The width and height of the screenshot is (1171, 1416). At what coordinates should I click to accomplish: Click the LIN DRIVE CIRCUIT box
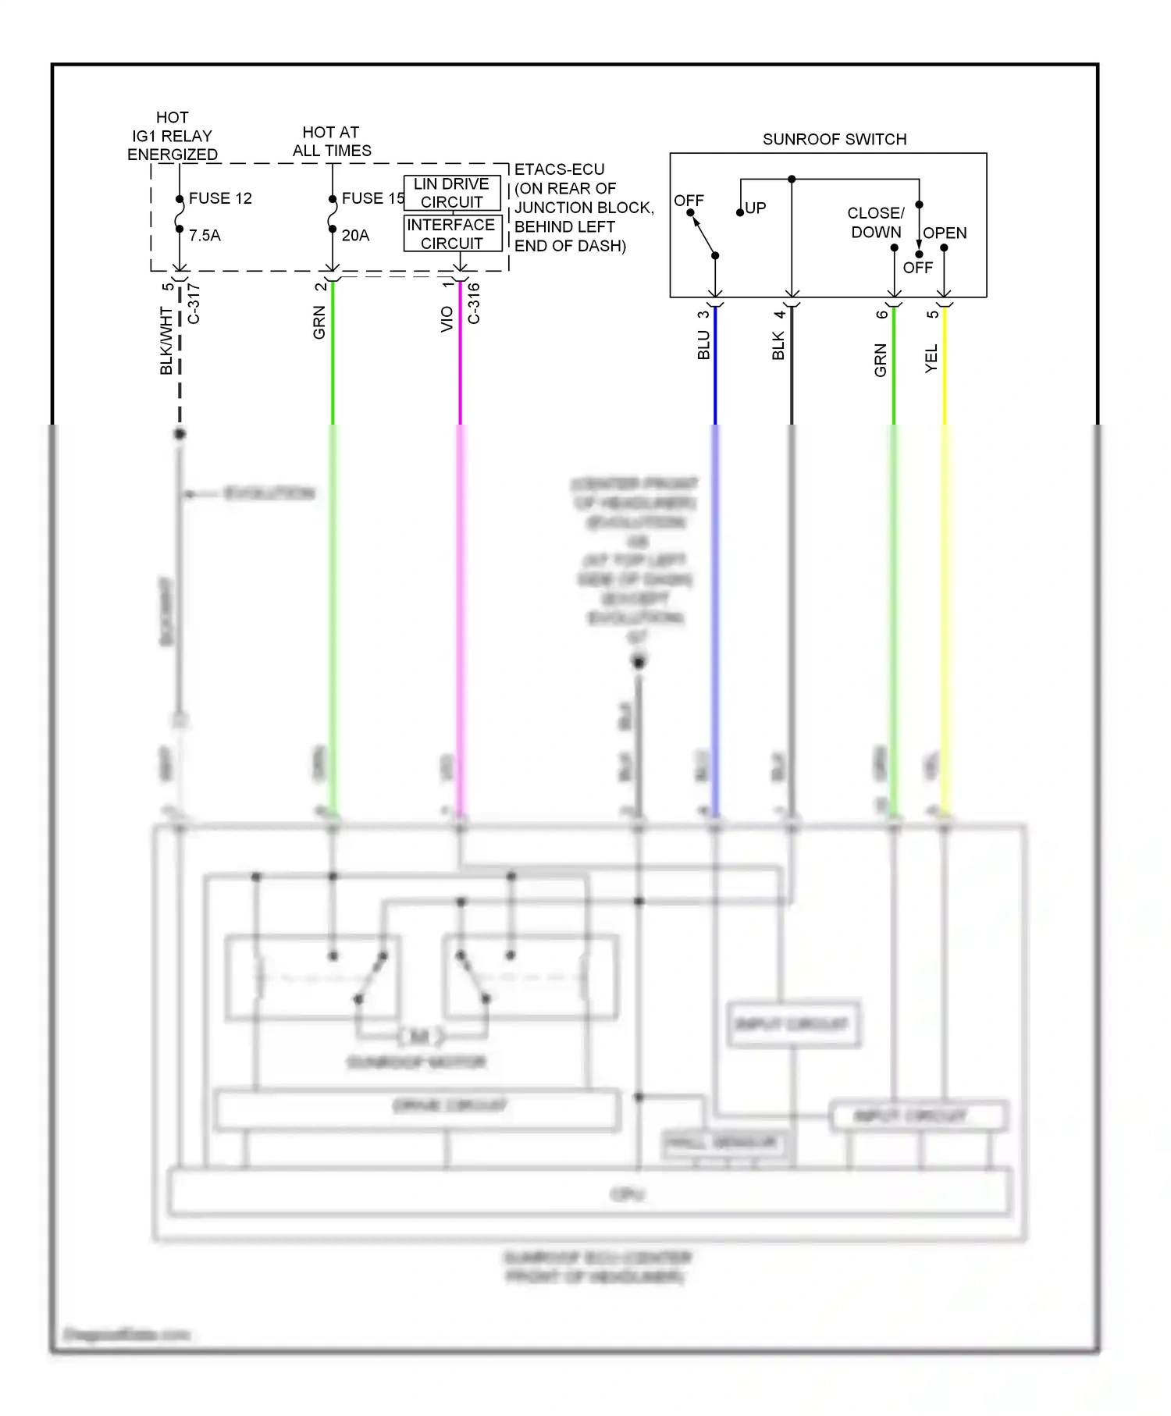(451, 193)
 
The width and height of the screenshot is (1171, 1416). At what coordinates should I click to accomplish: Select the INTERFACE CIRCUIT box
(451, 233)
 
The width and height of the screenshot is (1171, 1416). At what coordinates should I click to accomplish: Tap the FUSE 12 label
(220, 198)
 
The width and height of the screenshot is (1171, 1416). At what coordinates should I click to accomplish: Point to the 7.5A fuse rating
(205, 235)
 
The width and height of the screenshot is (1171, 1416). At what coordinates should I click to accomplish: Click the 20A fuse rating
(355, 235)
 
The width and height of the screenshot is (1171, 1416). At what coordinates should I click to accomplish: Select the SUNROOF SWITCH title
(834, 139)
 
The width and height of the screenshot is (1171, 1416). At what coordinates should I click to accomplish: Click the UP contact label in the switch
(755, 208)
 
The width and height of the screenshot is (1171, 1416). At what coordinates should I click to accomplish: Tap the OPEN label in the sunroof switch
(945, 233)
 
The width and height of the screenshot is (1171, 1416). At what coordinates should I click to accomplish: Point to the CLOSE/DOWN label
(875, 222)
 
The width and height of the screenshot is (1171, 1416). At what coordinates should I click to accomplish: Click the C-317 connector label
(194, 304)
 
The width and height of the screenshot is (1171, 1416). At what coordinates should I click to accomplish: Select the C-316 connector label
(474, 303)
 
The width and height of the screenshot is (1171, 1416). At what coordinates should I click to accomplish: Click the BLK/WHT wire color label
(166, 340)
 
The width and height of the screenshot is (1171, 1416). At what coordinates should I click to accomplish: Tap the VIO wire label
(447, 319)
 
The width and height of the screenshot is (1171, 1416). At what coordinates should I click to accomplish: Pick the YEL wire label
(931, 358)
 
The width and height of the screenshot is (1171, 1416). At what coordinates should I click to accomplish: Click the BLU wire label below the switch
(703, 344)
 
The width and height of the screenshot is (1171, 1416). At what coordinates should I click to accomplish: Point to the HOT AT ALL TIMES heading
(331, 141)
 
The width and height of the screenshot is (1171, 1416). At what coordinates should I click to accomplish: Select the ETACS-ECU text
(559, 169)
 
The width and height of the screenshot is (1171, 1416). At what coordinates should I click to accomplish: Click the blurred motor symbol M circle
(420, 1037)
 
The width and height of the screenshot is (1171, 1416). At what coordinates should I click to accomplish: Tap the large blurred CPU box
(590, 1194)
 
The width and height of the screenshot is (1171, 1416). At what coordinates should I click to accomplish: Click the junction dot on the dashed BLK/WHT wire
(180, 433)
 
